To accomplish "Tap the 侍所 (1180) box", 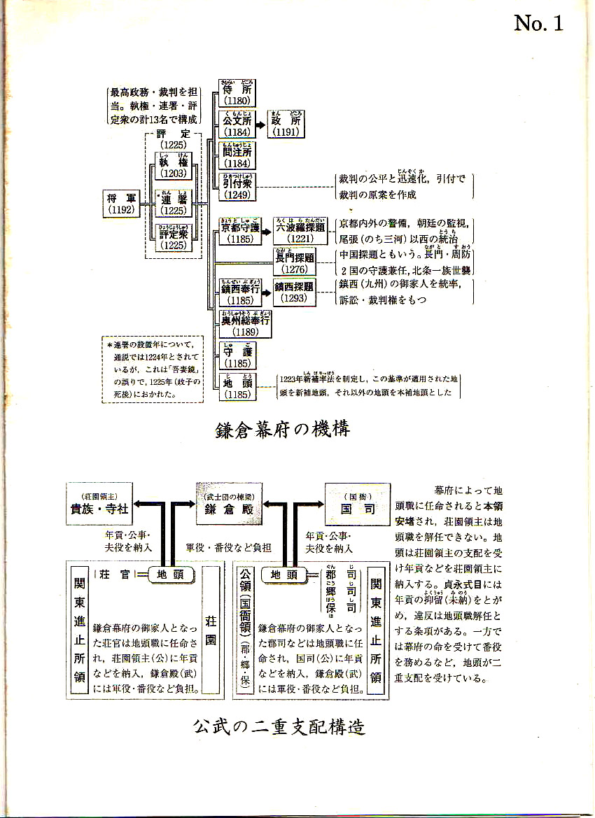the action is click(x=236, y=92).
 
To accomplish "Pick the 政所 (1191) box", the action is click(x=287, y=124).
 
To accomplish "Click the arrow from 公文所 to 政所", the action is click(x=260, y=124).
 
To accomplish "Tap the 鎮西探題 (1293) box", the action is click(x=294, y=292).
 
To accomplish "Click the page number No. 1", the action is click(x=538, y=23).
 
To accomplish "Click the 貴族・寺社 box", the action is click(x=100, y=504).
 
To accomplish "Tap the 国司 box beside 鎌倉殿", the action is click(x=357, y=504).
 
